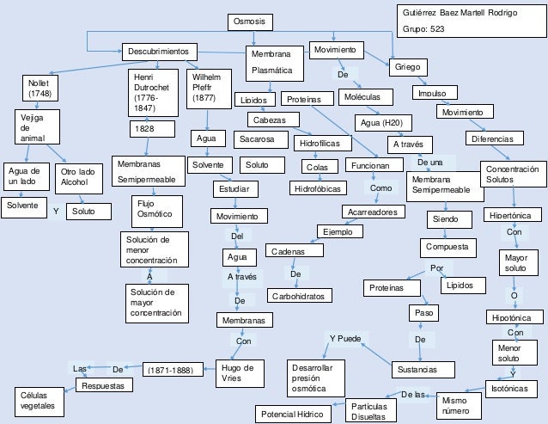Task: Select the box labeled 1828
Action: tap(146, 128)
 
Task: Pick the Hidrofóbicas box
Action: tap(317, 187)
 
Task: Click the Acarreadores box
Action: tap(373, 211)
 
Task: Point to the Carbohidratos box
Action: tap(299, 296)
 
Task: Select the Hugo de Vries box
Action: tap(238, 373)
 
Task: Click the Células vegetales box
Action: tap(38, 400)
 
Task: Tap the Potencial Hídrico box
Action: tap(293, 414)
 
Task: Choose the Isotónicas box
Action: tap(513, 389)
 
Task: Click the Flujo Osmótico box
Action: tap(155, 208)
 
